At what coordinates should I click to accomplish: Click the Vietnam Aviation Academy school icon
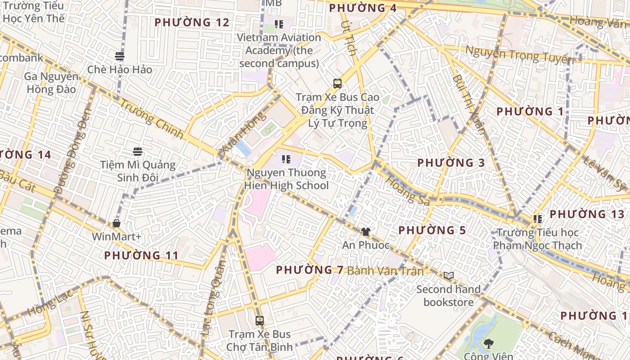coord(279,24)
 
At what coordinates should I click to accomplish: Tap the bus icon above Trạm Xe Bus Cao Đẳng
coord(337,83)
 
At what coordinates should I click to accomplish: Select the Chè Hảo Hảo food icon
coord(119,56)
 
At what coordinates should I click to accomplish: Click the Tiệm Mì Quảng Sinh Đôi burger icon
coord(138,152)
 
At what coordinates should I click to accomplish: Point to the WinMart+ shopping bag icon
coord(117,223)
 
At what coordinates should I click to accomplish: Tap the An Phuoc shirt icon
coord(365,232)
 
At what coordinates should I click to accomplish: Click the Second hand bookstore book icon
coord(448,275)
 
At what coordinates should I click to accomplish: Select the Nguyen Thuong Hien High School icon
coord(286,159)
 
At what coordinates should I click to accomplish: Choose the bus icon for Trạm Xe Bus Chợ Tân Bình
coord(259,321)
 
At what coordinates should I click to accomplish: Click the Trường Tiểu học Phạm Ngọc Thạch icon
coord(537,219)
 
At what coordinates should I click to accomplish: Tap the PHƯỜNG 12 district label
coord(192,22)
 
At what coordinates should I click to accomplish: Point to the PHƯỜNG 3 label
coord(451,163)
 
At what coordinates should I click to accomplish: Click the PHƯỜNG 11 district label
coord(141,256)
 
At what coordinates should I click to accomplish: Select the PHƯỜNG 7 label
coord(310,270)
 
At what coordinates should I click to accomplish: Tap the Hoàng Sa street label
coord(407,190)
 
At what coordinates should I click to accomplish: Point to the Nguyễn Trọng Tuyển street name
coord(519,55)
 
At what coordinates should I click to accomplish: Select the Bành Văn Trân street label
coord(386,271)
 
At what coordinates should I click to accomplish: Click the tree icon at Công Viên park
coord(488,344)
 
